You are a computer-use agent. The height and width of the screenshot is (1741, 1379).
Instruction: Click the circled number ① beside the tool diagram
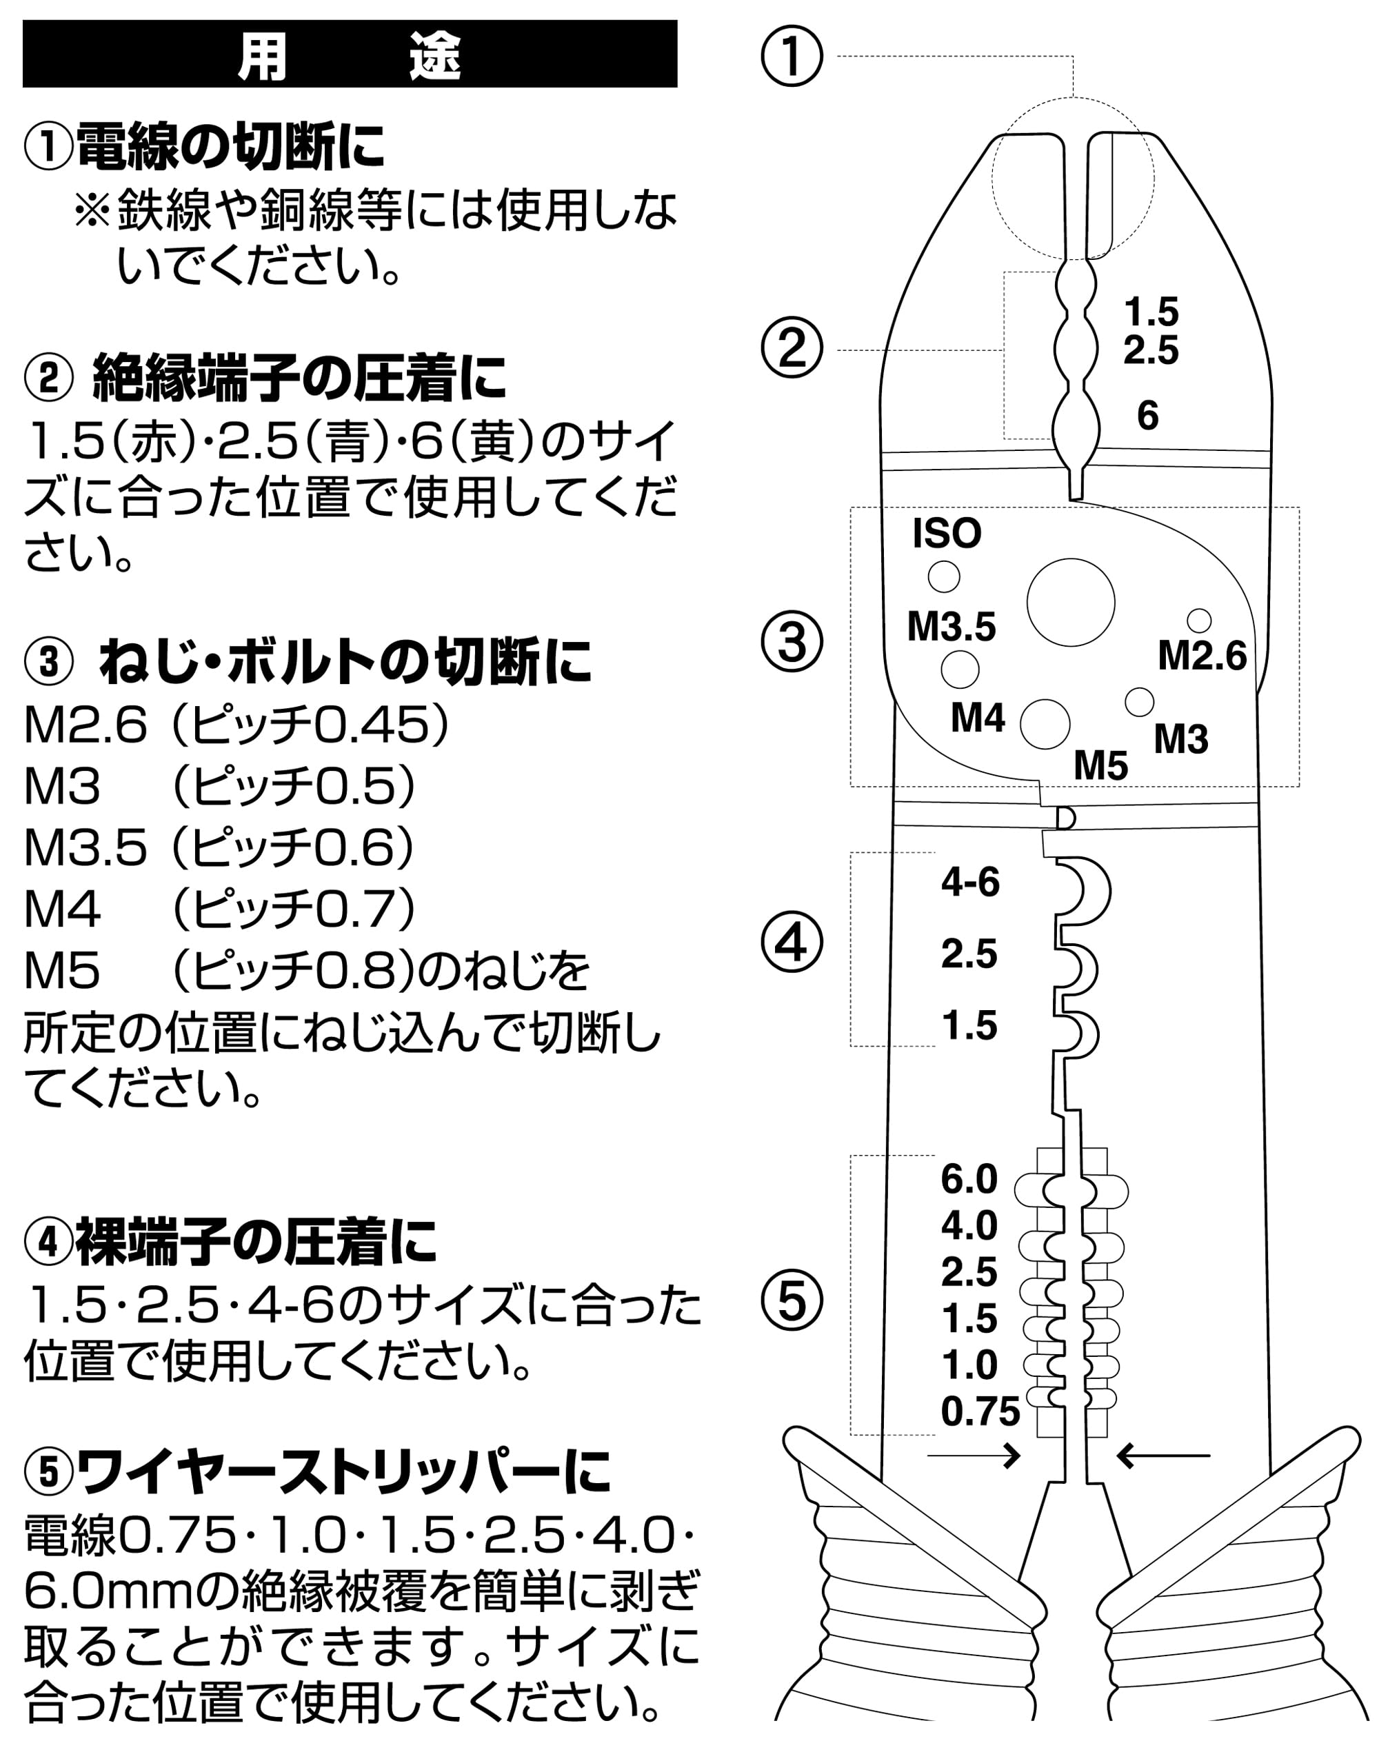pyautogui.click(x=792, y=57)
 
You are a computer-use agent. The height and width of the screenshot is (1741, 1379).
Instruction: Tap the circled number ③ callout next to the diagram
pyautogui.click(x=792, y=643)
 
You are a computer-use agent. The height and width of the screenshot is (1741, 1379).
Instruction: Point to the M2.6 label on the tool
pyautogui.click(x=1202, y=655)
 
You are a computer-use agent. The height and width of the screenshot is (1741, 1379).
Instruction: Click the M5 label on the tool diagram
pyautogui.click(x=1100, y=765)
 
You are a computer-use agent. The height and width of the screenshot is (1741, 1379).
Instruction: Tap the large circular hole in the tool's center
pyautogui.click(x=1071, y=603)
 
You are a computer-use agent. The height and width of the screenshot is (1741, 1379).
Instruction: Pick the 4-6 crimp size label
pyautogui.click(x=970, y=882)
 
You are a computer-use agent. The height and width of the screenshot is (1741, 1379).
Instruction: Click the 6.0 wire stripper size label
pyautogui.click(x=969, y=1179)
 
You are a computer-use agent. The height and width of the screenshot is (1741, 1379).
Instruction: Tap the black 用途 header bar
pyautogui.click(x=350, y=54)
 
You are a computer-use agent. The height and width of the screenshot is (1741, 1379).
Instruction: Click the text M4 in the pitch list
pyautogui.click(x=62, y=909)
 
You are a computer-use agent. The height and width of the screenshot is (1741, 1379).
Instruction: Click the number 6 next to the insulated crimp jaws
pyautogui.click(x=1147, y=415)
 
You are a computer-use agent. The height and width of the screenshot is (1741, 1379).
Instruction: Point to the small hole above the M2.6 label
pyautogui.click(x=1199, y=620)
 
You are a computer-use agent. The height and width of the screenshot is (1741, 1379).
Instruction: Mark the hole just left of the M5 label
pyautogui.click(x=1045, y=723)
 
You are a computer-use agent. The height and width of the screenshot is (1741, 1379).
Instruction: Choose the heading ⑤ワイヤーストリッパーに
pyautogui.click(x=316, y=1471)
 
